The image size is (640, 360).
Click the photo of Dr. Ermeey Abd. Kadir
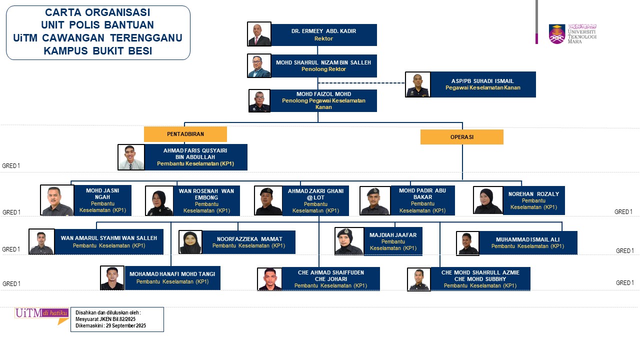click(259, 34)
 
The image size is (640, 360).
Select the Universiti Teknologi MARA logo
click(572, 33)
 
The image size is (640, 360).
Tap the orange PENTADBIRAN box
click(185, 134)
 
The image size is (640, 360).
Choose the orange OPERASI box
click(461, 136)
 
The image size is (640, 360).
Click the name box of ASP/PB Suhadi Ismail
click(483, 84)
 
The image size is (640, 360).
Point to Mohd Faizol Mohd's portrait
click(259, 100)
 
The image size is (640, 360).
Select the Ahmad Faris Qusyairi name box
click(195, 157)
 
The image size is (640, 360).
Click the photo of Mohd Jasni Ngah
click(57, 200)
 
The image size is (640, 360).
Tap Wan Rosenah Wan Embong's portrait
click(159, 201)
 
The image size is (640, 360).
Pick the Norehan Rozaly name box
click(533, 200)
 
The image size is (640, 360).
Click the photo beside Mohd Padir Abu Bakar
click(374, 201)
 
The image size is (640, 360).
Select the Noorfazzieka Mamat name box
click(248, 242)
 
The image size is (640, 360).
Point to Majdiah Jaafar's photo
click(349, 241)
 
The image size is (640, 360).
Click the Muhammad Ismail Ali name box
click(527, 242)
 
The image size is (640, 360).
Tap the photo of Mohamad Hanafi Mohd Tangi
click(112, 278)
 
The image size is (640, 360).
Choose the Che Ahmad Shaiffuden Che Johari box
click(330, 279)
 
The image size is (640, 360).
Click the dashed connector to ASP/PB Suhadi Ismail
click(361, 83)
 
